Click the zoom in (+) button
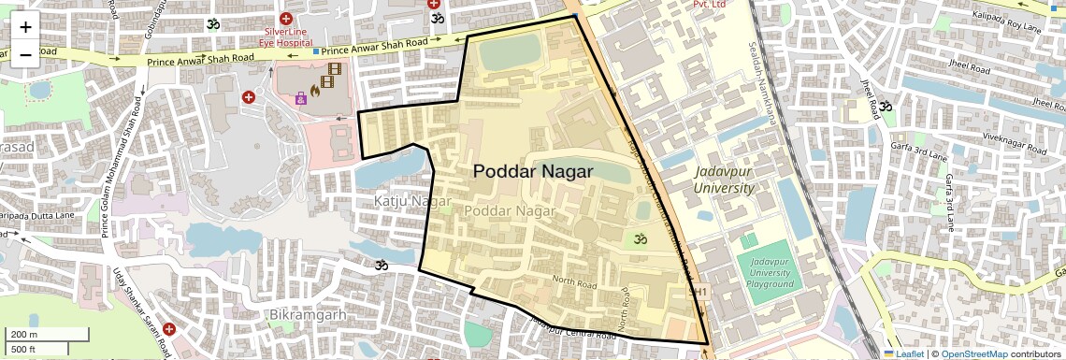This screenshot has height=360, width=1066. coord(25,27)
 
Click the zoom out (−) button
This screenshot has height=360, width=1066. coord(25,54)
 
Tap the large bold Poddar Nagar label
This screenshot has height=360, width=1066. coord(533,171)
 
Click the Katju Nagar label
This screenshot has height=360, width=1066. coord(412,201)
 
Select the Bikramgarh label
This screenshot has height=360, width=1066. coord(306,314)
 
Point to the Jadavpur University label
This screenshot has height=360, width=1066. coord(724,180)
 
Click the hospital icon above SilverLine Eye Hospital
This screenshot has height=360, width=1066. coord(285,19)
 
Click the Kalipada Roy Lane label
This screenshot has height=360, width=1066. coord(1007,28)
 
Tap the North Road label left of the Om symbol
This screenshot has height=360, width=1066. coord(574,281)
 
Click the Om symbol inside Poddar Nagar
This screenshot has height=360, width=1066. coord(641,239)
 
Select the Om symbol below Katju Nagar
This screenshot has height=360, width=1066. coord(382,266)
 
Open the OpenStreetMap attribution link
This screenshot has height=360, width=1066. coord(973,353)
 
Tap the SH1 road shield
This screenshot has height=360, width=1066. coord(698,293)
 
